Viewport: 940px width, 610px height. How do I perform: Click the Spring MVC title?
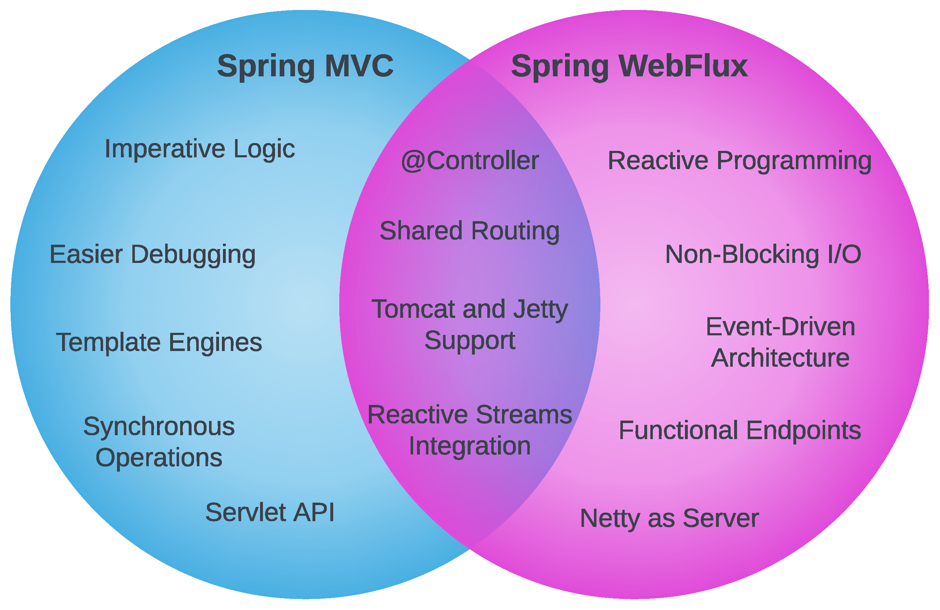pyautogui.click(x=305, y=66)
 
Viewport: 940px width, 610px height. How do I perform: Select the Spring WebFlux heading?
pyautogui.click(x=629, y=66)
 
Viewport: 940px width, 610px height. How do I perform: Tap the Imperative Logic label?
pyautogui.click(x=199, y=149)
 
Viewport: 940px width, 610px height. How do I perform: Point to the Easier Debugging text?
pyautogui.click(x=152, y=254)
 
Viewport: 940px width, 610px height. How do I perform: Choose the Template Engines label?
pyautogui.click(x=159, y=342)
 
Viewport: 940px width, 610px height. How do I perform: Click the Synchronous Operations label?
pyautogui.click(x=159, y=442)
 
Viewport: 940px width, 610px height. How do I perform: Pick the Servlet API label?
pyautogui.click(x=270, y=513)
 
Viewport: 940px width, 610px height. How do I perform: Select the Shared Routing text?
pyautogui.click(x=469, y=231)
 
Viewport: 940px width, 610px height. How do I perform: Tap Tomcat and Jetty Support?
pyautogui.click(x=469, y=325)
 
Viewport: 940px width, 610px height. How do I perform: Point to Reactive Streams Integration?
pyautogui.click(x=469, y=430)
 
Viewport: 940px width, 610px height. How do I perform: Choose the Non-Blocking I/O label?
pyautogui.click(x=763, y=254)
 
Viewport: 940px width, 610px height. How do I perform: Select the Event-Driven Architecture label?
pyautogui.click(x=780, y=342)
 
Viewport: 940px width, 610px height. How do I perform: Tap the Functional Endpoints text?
pyautogui.click(x=740, y=430)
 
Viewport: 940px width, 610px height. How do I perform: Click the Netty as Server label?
pyautogui.click(x=669, y=518)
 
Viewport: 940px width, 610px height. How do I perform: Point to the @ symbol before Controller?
pyautogui.click(x=412, y=162)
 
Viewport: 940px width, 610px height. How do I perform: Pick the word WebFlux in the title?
pyautogui.click(x=683, y=66)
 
